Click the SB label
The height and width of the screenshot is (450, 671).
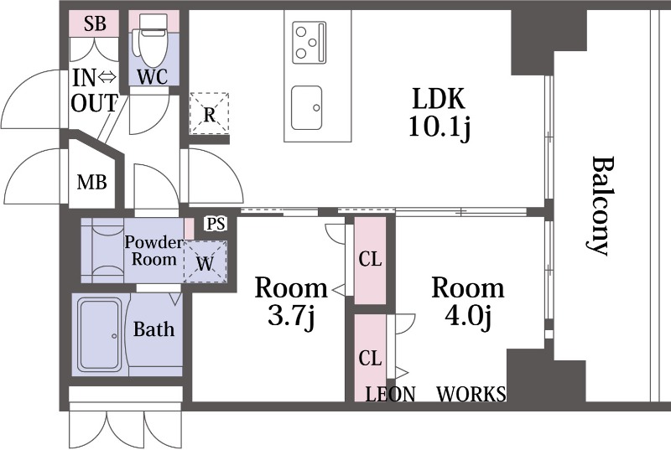click(x=95, y=23)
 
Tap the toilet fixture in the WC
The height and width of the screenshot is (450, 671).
click(x=148, y=39)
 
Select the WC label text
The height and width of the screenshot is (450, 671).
click(x=153, y=77)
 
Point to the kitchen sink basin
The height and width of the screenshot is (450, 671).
click(x=306, y=107)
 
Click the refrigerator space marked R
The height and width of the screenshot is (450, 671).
click(x=209, y=114)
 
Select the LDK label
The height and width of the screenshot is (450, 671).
click(x=438, y=98)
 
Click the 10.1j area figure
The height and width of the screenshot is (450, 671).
click(x=440, y=127)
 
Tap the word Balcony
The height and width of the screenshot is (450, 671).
click(x=600, y=206)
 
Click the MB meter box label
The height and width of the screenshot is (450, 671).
click(x=91, y=183)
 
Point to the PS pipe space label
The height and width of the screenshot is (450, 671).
click(x=216, y=224)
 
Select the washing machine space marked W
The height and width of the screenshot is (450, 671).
click(x=205, y=261)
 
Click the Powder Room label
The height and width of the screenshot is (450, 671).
click(x=153, y=251)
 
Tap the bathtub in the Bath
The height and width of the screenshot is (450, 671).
click(x=99, y=334)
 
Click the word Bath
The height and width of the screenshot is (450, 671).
click(x=153, y=329)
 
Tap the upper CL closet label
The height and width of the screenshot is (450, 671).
click(x=370, y=259)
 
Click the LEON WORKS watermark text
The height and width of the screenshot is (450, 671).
click(x=435, y=394)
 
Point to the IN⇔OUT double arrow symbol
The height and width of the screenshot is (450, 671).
click(x=107, y=77)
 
